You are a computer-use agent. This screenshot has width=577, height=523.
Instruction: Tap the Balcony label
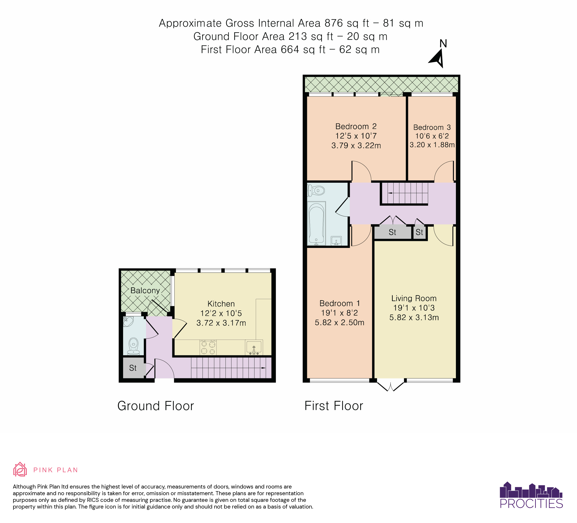point(145,290)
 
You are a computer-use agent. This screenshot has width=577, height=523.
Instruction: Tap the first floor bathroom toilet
point(316,190)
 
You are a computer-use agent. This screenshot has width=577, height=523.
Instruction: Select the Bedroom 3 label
point(432,127)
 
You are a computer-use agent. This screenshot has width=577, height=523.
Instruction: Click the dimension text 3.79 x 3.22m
point(356,146)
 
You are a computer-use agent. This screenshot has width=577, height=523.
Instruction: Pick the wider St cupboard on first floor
point(392,232)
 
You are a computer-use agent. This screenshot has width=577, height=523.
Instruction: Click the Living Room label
point(414,298)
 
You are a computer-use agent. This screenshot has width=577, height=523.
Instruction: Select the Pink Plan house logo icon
point(20,470)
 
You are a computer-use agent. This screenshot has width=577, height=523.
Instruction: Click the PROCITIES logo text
point(531,504)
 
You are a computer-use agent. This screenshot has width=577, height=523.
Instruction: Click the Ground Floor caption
point(156,406)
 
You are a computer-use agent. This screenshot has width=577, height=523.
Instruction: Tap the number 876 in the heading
point(334,23)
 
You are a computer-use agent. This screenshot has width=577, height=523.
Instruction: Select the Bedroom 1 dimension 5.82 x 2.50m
point(339,322)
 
